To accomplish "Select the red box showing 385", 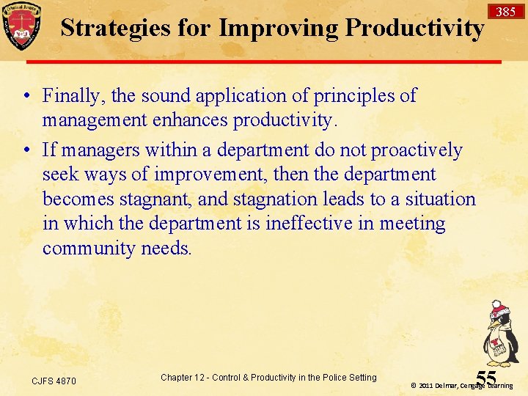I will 505,12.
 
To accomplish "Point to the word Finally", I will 71,95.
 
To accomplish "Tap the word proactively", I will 417,150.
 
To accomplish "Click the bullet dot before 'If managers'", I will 27,151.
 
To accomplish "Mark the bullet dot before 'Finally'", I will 27,96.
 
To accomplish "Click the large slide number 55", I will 486,378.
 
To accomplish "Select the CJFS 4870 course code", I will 54,381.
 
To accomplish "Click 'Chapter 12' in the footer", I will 183,378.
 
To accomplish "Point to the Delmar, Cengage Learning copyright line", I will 461,386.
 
